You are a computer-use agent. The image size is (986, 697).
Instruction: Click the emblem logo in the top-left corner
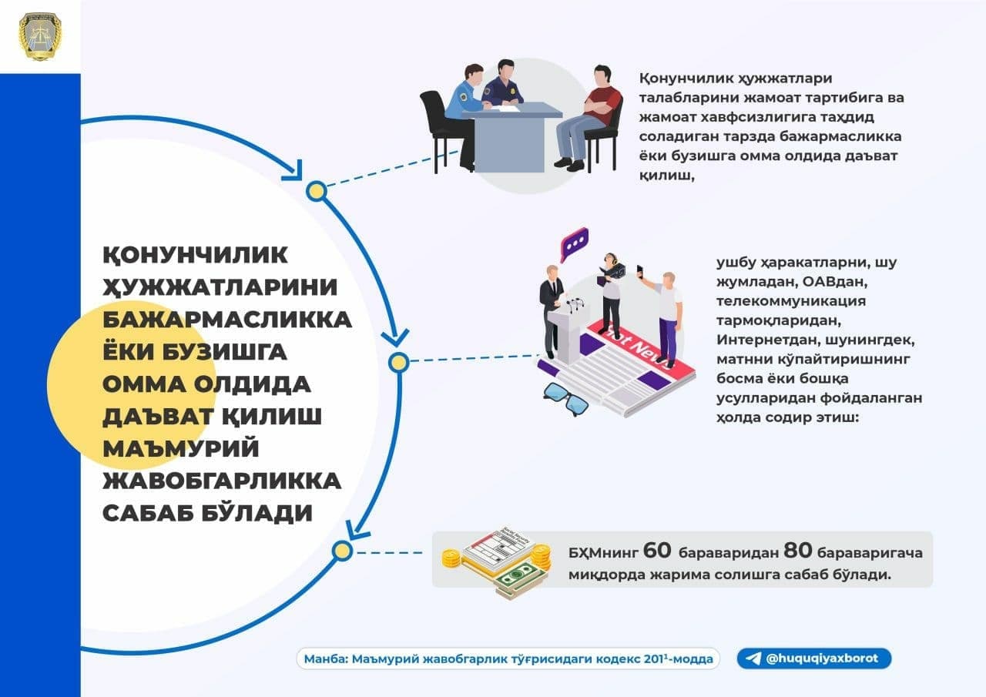40,36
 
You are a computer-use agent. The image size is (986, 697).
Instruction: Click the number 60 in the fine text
657,551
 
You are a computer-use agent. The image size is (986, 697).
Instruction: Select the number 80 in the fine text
797,551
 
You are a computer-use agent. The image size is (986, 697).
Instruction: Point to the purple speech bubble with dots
574,245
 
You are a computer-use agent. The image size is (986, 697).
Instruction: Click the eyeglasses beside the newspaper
566,397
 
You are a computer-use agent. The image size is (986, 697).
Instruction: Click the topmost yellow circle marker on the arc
316,190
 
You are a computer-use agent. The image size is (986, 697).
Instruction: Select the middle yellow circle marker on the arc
398,361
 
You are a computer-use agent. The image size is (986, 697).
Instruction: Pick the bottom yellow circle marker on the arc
343,551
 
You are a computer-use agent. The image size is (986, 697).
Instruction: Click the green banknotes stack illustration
517,578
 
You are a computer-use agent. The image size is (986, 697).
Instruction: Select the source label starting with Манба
509,659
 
